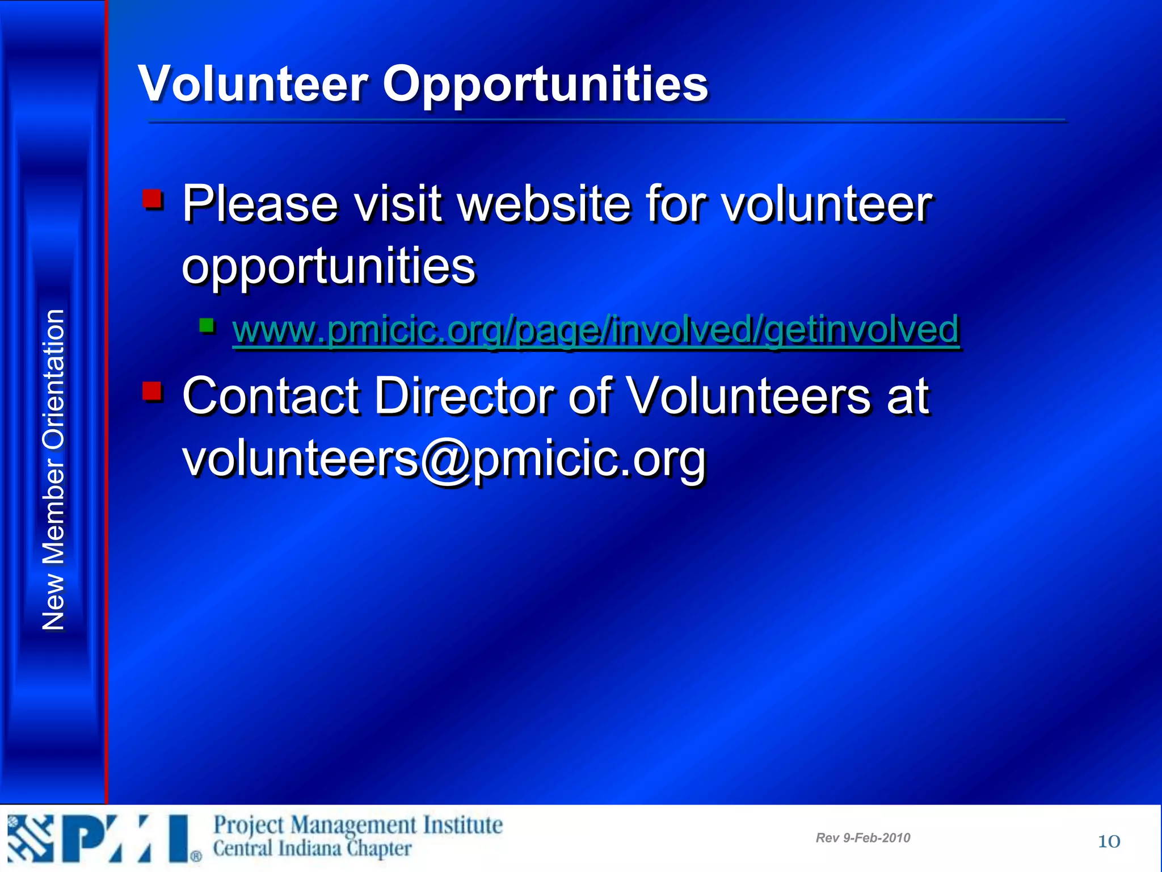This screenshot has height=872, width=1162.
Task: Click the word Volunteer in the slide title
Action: (x=253, y=84)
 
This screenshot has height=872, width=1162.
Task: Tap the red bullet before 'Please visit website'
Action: (x=153, y=200)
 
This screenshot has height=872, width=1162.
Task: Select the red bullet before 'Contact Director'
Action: (x=153, y=392)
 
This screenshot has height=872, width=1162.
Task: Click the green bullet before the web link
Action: (x=207, y=326)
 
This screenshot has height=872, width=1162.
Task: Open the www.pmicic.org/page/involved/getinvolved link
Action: (x=596, y=329)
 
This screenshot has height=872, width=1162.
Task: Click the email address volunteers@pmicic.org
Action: (x=444, y=459)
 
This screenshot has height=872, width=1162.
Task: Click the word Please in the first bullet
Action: (x=260, y=204)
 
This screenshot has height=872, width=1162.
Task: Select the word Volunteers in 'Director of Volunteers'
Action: (x=750, y=396)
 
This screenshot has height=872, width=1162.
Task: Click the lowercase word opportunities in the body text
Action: (x=329, y=267)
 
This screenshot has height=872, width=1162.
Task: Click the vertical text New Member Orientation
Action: (x=54, y=470)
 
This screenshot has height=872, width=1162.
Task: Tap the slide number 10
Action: (x=1109, y=841)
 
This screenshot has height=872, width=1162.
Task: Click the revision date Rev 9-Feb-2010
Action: (x=862, y=838)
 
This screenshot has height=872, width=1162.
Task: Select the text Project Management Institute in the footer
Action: (x=357, y=825)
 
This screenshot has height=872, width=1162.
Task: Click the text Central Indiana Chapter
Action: (x=312, y=849)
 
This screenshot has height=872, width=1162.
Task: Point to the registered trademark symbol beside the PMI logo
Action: (x=196, y=856)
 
